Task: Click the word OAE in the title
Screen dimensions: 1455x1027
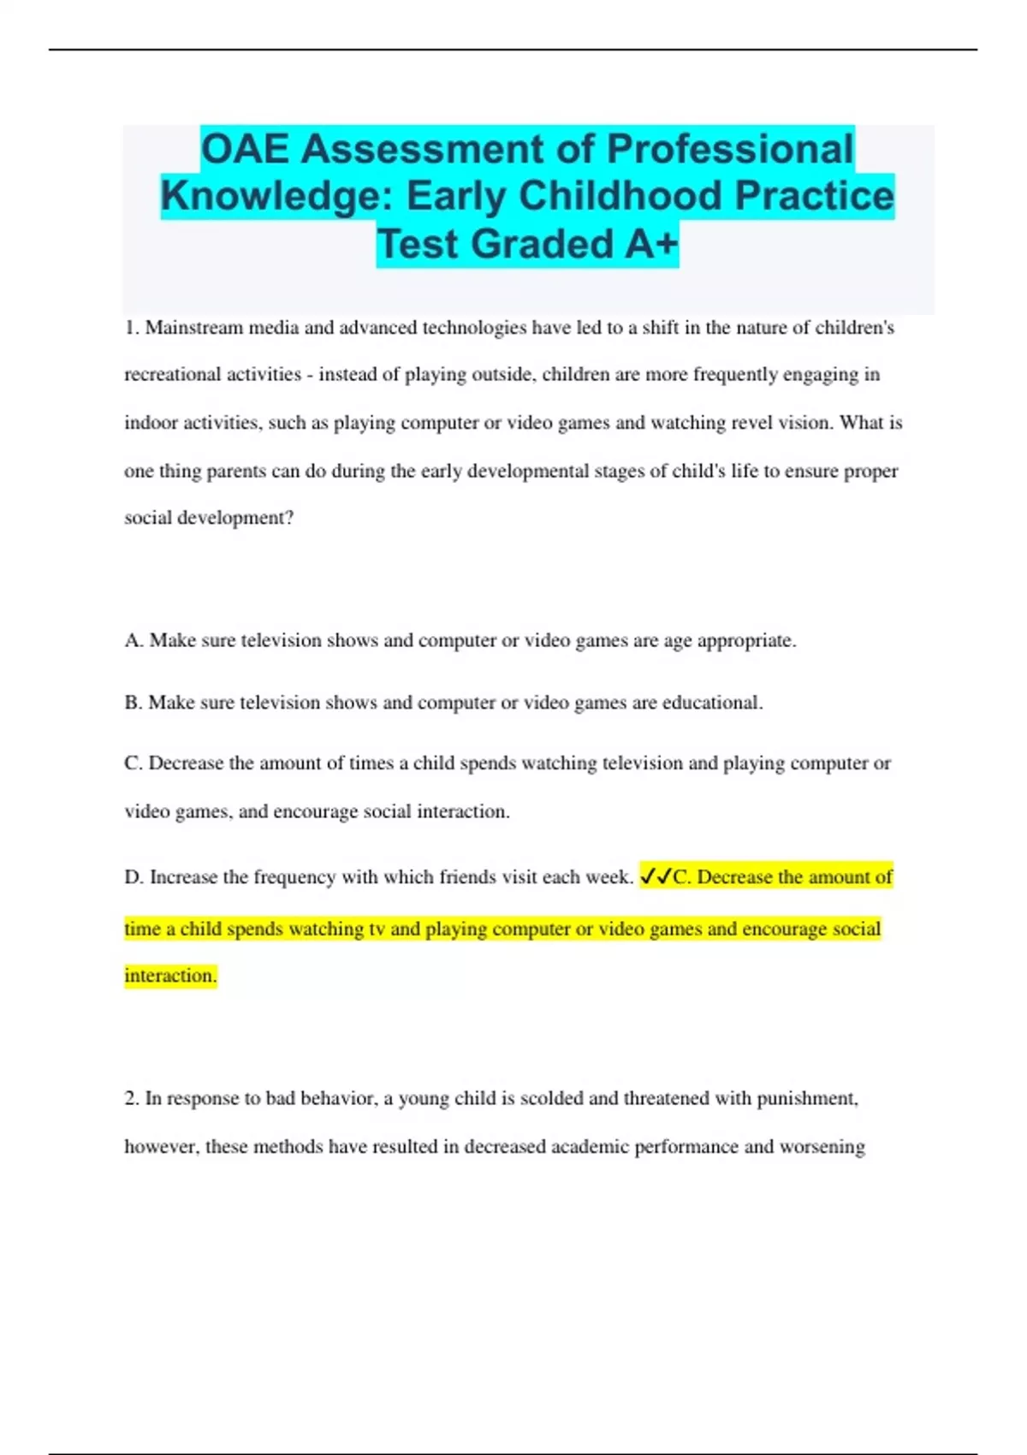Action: (x=246, y=149)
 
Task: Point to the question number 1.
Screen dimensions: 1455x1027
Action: (x=132, y=328)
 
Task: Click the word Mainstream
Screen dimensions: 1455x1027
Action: (x=194, y=328)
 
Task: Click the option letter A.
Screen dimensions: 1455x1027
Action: (x=133, y=641)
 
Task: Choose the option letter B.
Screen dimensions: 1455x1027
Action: (x=133, y=703)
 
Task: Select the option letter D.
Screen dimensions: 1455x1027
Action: (x=134, y=877)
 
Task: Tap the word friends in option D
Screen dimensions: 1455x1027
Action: (x=467, y=877)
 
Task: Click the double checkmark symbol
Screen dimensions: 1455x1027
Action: (x=656, y=876)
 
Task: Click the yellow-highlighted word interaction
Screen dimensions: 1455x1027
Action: (x=170, y=976)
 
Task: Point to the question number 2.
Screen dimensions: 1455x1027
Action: (x=132, y=1098)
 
